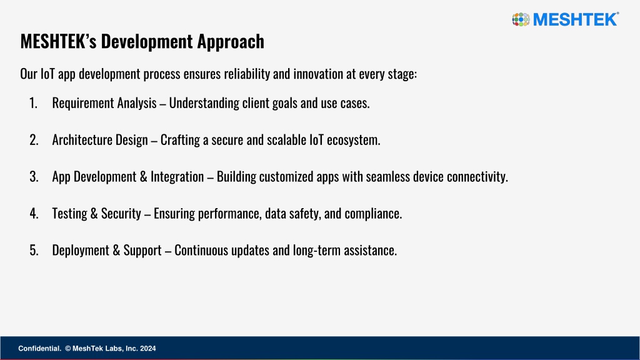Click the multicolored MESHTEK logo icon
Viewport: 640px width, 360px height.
pos(521,19)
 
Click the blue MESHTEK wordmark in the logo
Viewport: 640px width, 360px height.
pos(576,19)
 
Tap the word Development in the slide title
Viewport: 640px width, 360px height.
pos(147,42)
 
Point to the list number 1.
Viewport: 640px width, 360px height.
pos(34,103)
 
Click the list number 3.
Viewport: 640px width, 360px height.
pos(34,176)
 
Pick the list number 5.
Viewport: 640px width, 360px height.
pos(34,250)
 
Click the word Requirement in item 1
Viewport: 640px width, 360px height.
pos(83,103)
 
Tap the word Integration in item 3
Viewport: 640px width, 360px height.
pos(177,177)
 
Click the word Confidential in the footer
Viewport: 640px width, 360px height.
pos(39,349)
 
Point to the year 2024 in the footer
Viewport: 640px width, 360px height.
pos(147,349)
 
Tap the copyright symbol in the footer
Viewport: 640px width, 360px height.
pos(68,349)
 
